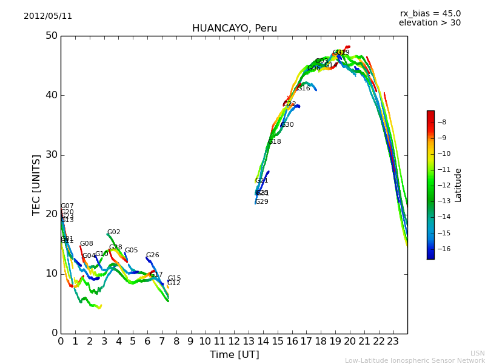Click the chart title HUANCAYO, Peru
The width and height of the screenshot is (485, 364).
[234, 29]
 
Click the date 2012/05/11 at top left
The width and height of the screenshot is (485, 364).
[48, 16]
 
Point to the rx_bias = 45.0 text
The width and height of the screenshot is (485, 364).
[430, 14]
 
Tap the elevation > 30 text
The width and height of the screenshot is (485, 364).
[429, 23]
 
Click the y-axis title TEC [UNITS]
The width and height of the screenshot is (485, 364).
[37, 184]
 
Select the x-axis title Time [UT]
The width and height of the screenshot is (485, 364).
[234, 355]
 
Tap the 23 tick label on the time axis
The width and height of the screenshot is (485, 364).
[393, 342]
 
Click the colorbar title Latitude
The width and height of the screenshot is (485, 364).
[458, 185]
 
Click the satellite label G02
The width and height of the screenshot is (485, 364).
[113, 232]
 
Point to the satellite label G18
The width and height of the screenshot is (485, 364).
[275, 142]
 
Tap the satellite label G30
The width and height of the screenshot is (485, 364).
[287, 125]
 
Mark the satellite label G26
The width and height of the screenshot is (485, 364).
[152, 255]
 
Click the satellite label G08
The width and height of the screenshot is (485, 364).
[87, 244]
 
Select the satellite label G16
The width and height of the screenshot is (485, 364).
[303, 89]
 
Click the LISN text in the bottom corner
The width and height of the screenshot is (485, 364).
[477, 353]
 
